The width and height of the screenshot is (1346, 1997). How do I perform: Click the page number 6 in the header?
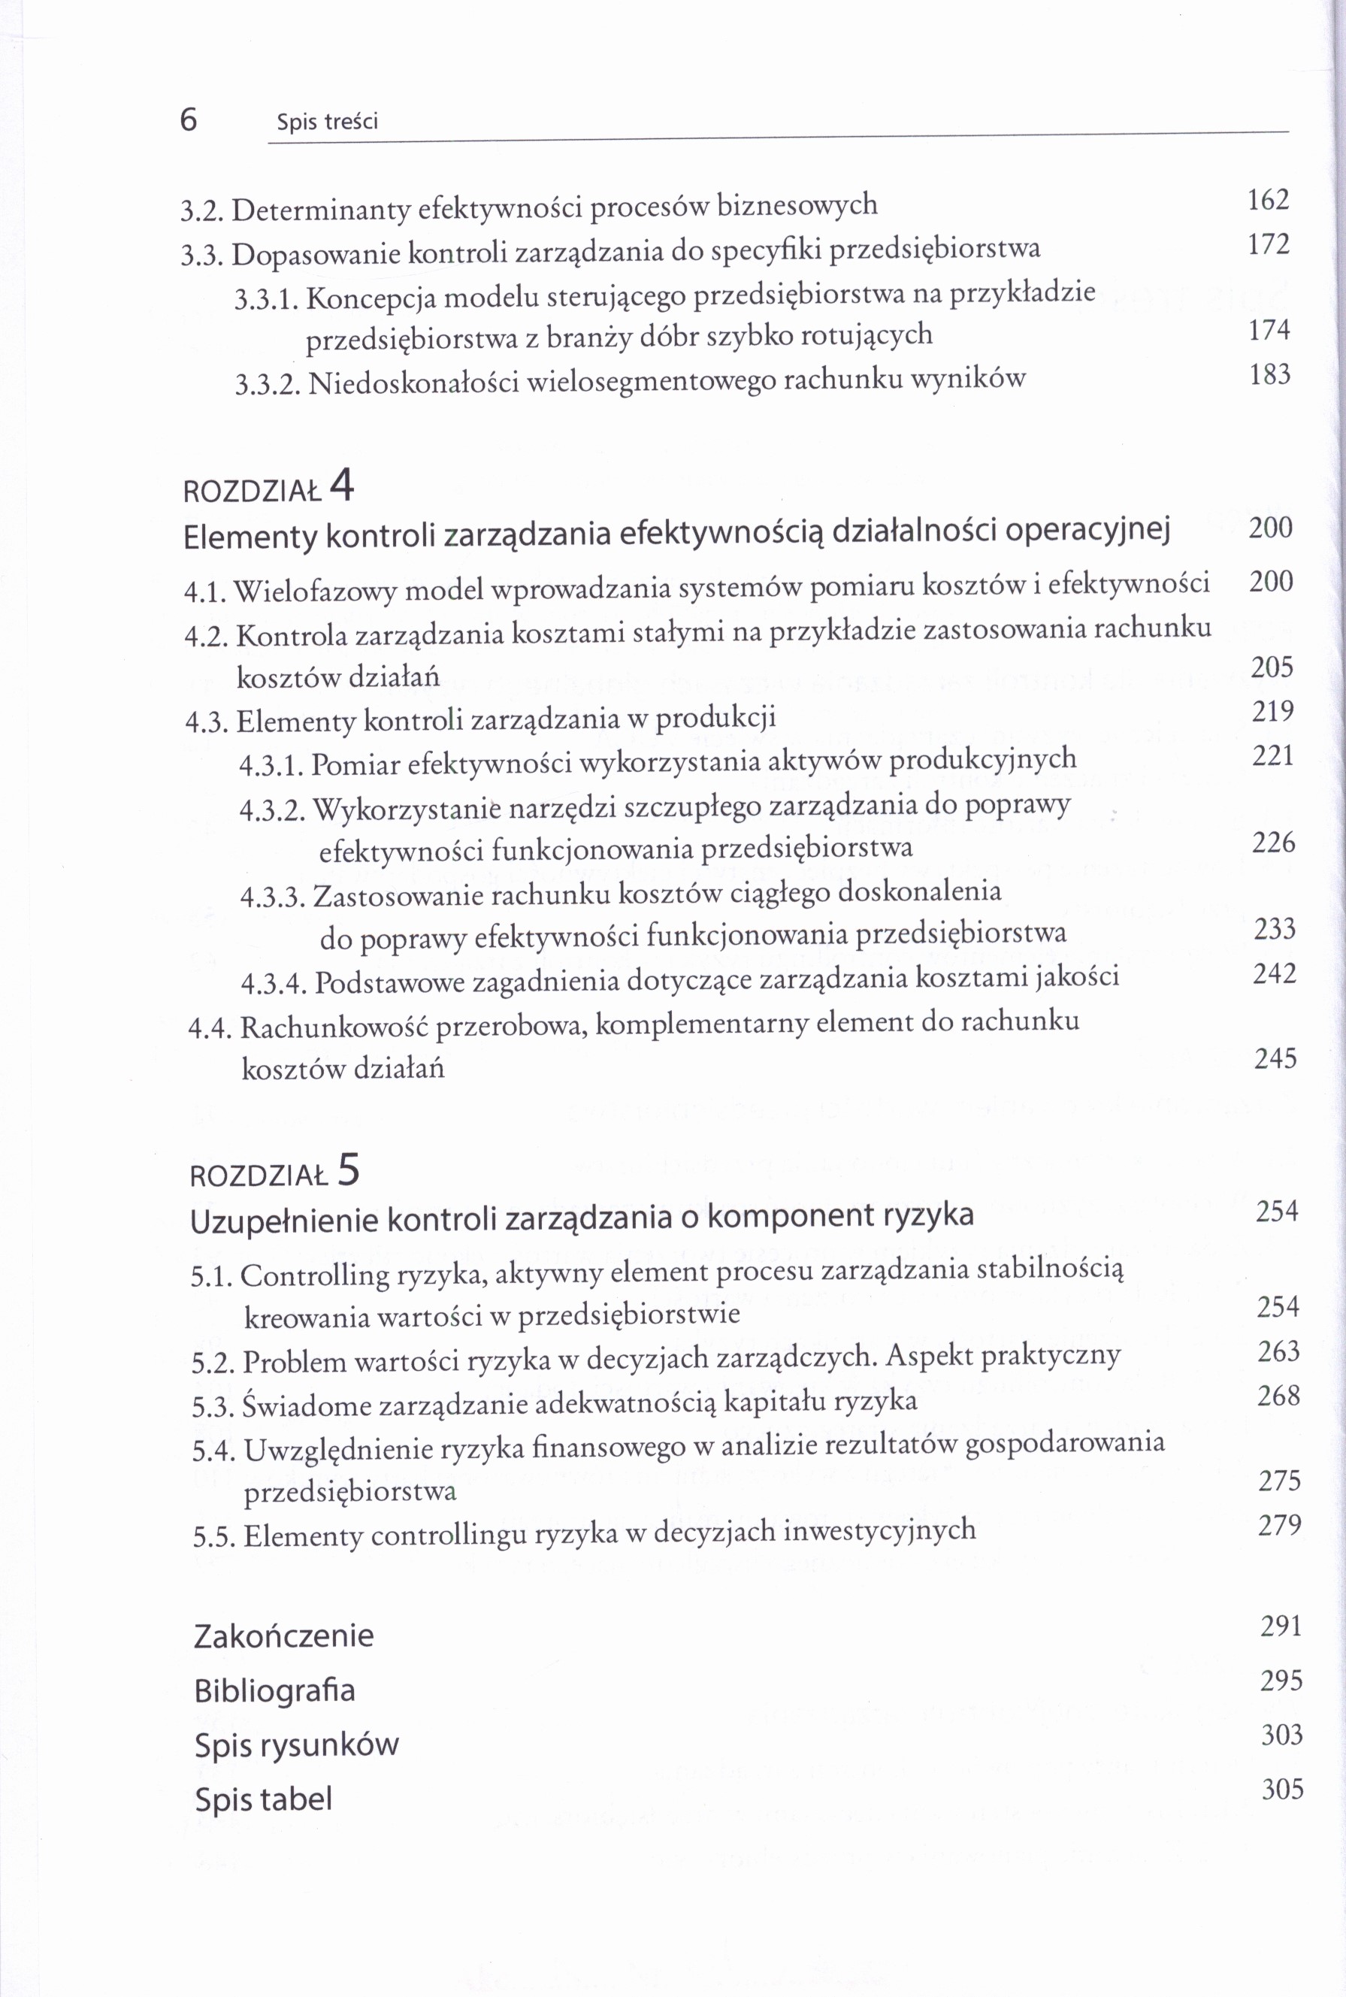tap(189, 120)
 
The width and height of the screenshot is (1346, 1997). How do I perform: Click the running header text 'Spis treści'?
tap(327, 123)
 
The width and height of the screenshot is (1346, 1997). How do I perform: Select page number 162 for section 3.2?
tap(1268, 200)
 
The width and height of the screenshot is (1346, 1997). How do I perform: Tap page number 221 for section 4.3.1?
tap(1272, 755)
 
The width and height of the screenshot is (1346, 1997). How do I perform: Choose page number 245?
tap(1275, 1058)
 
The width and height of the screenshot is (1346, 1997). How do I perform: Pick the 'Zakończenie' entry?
tap(283, 1635)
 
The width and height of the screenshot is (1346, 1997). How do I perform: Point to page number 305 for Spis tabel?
tap(1282, 1790)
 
